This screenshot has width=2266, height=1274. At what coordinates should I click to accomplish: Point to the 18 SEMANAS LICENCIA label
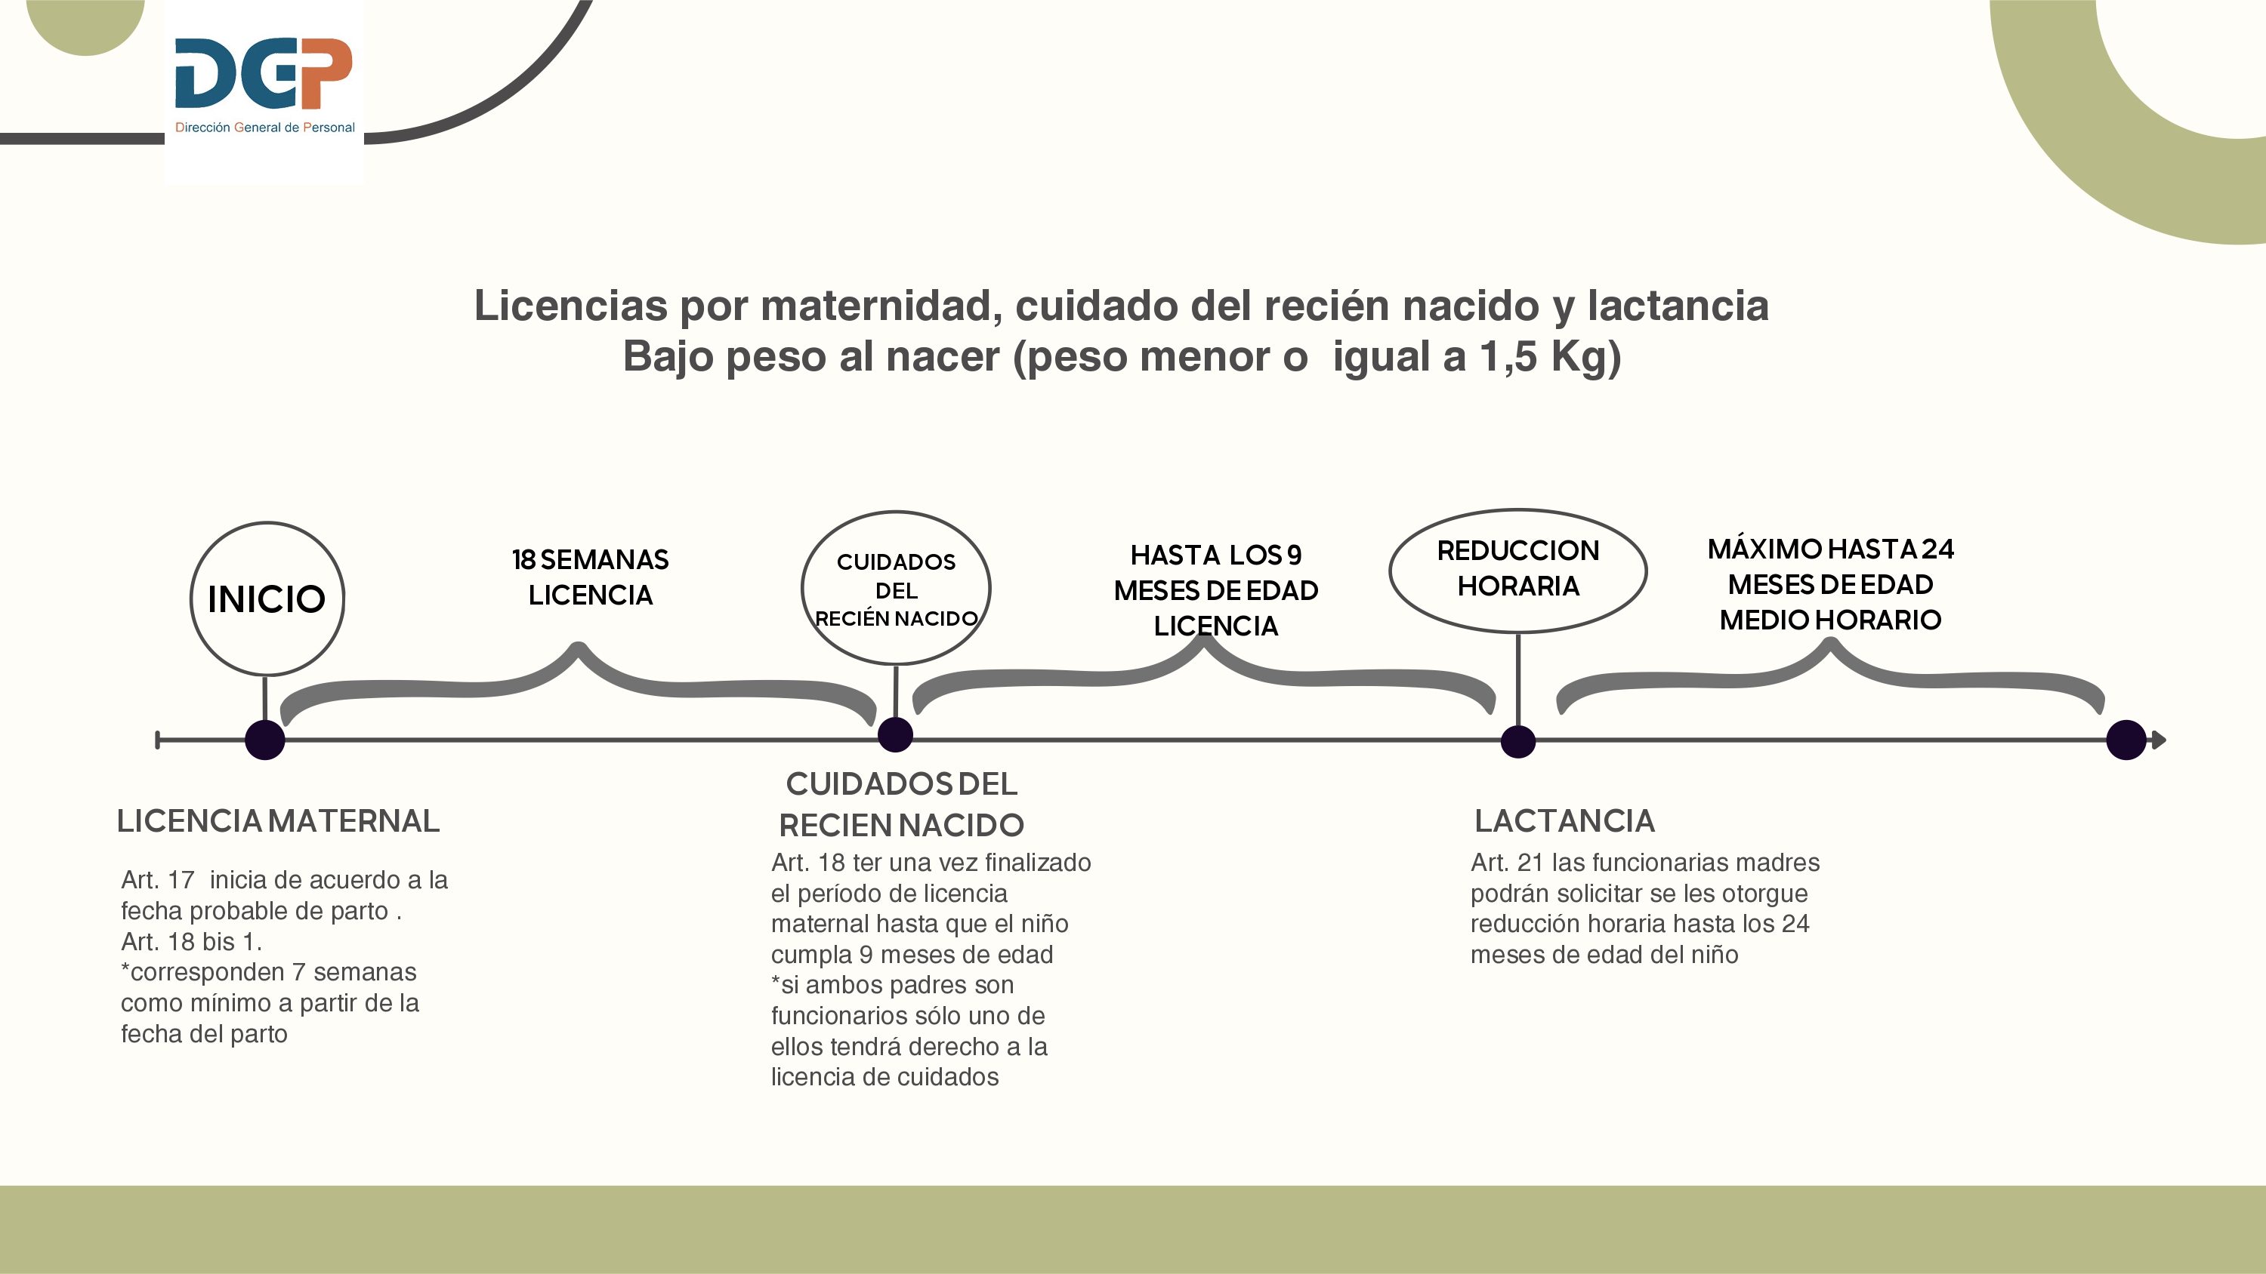(x=590, y=577)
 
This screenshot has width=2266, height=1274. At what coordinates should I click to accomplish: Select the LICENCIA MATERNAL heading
(x=278, y=820)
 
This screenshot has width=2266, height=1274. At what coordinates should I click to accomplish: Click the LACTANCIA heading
(x=1564, y=820)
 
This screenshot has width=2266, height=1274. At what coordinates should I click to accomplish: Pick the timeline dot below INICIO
(x=265, y=740)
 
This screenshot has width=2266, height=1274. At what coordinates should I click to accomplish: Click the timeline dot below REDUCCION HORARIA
(x=1517, y=741)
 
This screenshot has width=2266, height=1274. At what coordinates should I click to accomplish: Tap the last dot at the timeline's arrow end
(x=2126, y=740)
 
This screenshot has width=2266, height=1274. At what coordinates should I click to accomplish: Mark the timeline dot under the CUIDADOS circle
(x=896, y=734)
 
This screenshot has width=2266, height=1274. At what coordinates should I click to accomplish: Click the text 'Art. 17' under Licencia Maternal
(x=157, y=879)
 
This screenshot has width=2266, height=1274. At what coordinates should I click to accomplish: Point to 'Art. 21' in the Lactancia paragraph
(x=1507, y=863)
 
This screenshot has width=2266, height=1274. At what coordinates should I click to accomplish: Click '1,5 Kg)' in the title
(x=1550, y=357)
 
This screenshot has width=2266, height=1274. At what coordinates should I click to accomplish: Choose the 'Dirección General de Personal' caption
(x=265, y=128)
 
